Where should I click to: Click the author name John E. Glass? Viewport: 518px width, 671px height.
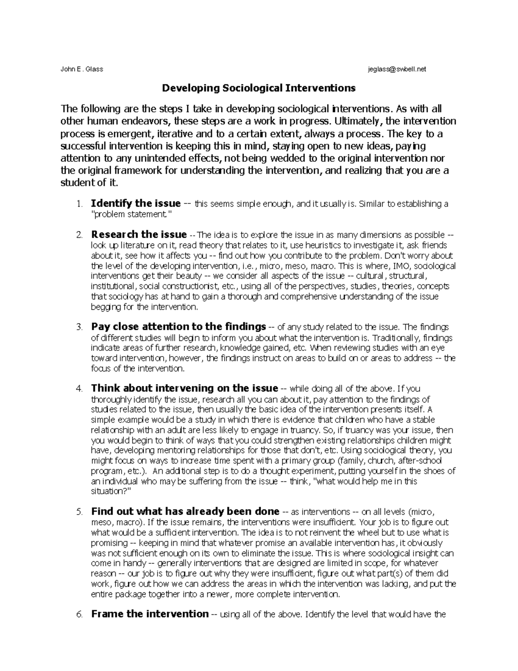click(82, 69)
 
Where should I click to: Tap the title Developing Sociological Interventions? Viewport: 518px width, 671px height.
click(259, 88)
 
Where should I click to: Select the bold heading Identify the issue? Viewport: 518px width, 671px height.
click(136, 204)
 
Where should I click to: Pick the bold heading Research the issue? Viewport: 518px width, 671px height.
click(139, 235)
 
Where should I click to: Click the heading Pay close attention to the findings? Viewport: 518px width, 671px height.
click(178, 327)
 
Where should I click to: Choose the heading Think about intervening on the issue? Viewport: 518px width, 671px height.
click(184, 388)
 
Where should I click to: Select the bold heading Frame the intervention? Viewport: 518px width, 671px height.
click(150, 614)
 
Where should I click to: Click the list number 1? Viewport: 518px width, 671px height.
click(79, 204)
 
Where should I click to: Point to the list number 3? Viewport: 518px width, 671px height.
click(79, 327)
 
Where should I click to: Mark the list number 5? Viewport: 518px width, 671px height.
click(79, 512)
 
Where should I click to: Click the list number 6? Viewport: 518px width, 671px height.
click(79, 614)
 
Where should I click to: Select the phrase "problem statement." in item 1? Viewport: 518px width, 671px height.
click(134, 214)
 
